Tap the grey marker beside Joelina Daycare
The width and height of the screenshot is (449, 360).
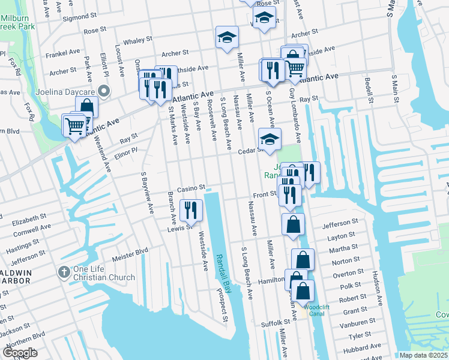point(104,92)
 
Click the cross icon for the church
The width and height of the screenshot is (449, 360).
point(64,272)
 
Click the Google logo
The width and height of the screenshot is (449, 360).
point(20,352)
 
